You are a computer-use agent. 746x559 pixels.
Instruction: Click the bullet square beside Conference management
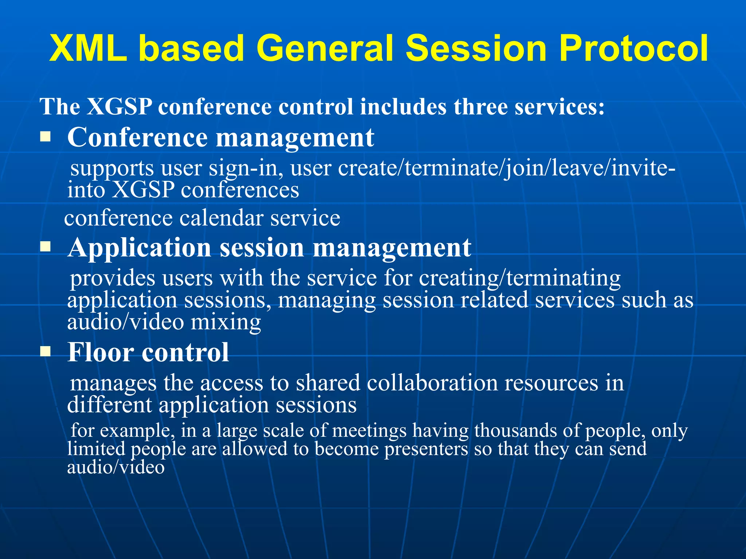pos(45,137)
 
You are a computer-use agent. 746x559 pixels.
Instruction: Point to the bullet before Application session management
pos(45,247)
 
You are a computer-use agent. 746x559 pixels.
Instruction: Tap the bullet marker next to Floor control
pos(45,352)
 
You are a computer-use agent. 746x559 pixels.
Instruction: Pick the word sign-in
pos(246,169)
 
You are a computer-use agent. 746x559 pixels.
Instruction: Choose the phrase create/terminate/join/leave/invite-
pos(507,169)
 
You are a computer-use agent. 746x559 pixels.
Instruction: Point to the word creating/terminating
pos(520,278)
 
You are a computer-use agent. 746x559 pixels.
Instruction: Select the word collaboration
pos(432,383)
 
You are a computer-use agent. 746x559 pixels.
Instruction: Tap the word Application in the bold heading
pos(140,248)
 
